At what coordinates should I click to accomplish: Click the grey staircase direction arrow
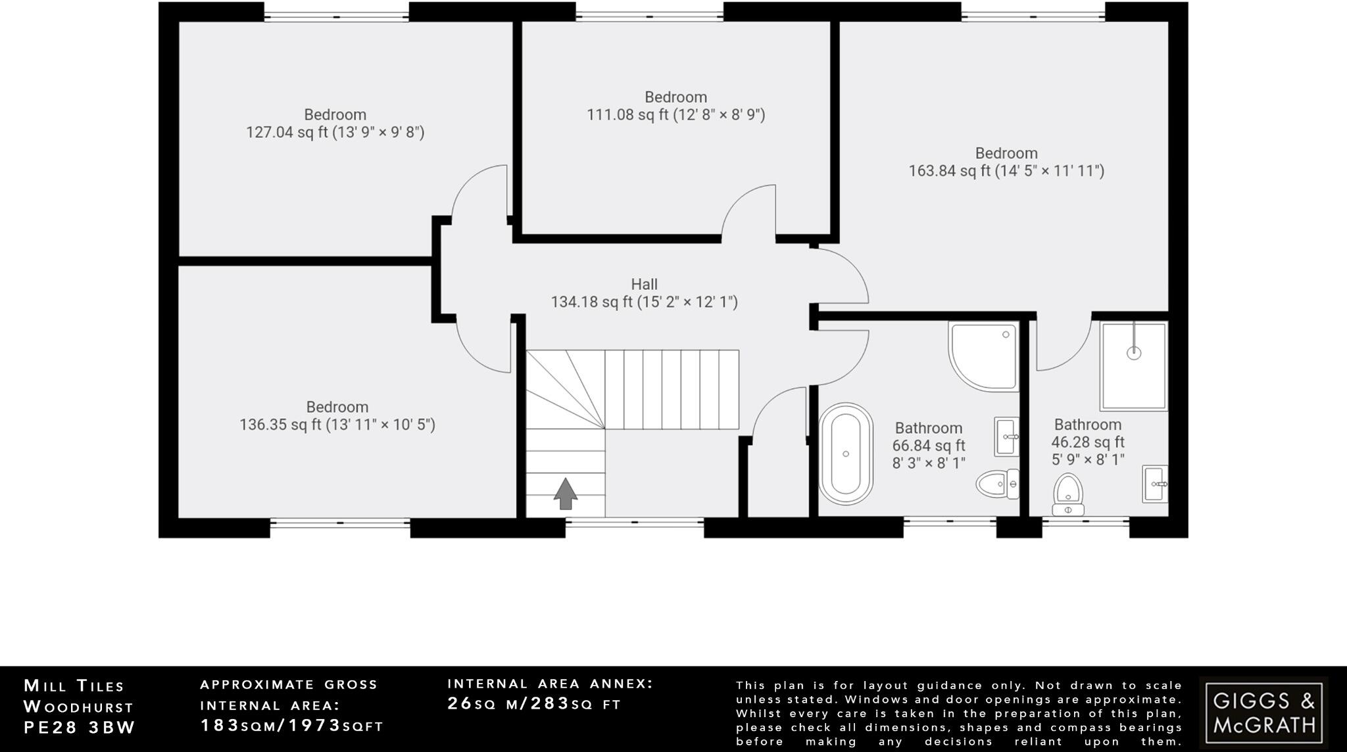pyautogui.click(x=565, y=494)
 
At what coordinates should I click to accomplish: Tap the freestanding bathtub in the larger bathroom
pyautogui.click(x=846, y=454)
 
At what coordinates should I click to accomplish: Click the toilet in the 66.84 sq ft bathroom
pyautogui.click(x=997, y=484)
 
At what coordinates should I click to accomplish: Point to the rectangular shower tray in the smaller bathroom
pyautogui.click(x=1133, y=365)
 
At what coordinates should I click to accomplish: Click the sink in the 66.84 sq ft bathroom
pyautogui.click(x=1006, y=436)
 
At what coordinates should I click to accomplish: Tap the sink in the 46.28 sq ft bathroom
pyautogui.click(x=1154, y=484)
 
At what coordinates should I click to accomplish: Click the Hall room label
pyautogui.click(x=644, y=285)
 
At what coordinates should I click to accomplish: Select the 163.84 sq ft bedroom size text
pyautogui.click(x=1006, y=172)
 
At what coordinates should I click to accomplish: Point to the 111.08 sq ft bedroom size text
pyautogui.click(x=675, y=115)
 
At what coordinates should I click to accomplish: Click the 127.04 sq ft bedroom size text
pyautogui.click(x=335, y=133)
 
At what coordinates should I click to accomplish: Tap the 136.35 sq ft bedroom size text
pyautogui.click(x=337, y=425)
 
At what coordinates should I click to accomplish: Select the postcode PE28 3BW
pyautogui.click(x=80, y=728)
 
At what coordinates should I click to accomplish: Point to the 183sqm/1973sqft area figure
pyautogui.click(x=291, y=726)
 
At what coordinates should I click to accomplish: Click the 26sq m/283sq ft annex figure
pyautogui.click(x=534, y=704)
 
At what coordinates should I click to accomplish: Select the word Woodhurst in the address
pyautogui.click(x=78, y=707)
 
